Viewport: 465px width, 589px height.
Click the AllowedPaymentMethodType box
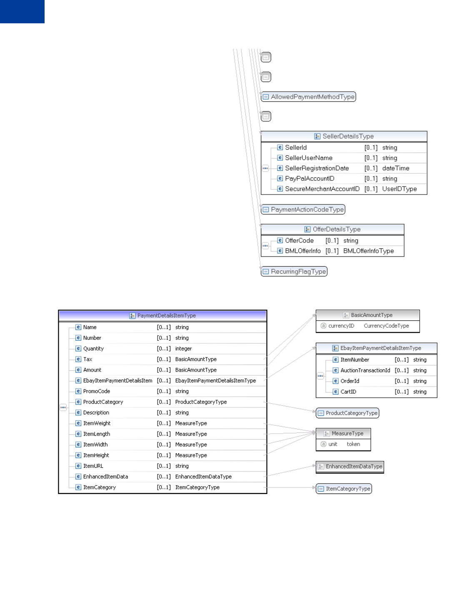pos(308,97)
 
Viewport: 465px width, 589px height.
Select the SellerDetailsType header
pos(344,136)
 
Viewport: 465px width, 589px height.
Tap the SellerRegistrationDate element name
pos(317,168)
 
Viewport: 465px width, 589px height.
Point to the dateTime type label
pos(395,168)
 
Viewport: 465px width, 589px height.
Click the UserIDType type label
pos(399,189)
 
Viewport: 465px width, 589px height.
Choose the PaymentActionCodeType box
pos(303,210)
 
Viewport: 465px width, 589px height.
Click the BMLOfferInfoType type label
pos(368,251)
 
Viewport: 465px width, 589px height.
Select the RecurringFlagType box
pos(294,272)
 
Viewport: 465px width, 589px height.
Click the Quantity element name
pos(93,349)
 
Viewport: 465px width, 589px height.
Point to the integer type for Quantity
pos(183,349)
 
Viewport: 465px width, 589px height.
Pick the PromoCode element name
pos(97,392)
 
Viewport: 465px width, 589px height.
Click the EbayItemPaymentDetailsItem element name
pos(117,381)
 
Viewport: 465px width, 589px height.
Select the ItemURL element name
pos(93,466)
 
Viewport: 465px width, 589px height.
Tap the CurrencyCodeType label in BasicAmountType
pos(386,326)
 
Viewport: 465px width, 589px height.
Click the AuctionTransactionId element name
pos(365,371)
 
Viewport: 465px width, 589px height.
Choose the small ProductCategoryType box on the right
pos(347,413)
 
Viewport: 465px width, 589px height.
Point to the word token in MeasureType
pos(353,444)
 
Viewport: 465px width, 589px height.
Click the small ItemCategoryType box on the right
pos(344,489)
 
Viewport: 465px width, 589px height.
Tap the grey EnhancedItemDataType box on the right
pos(350,467)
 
